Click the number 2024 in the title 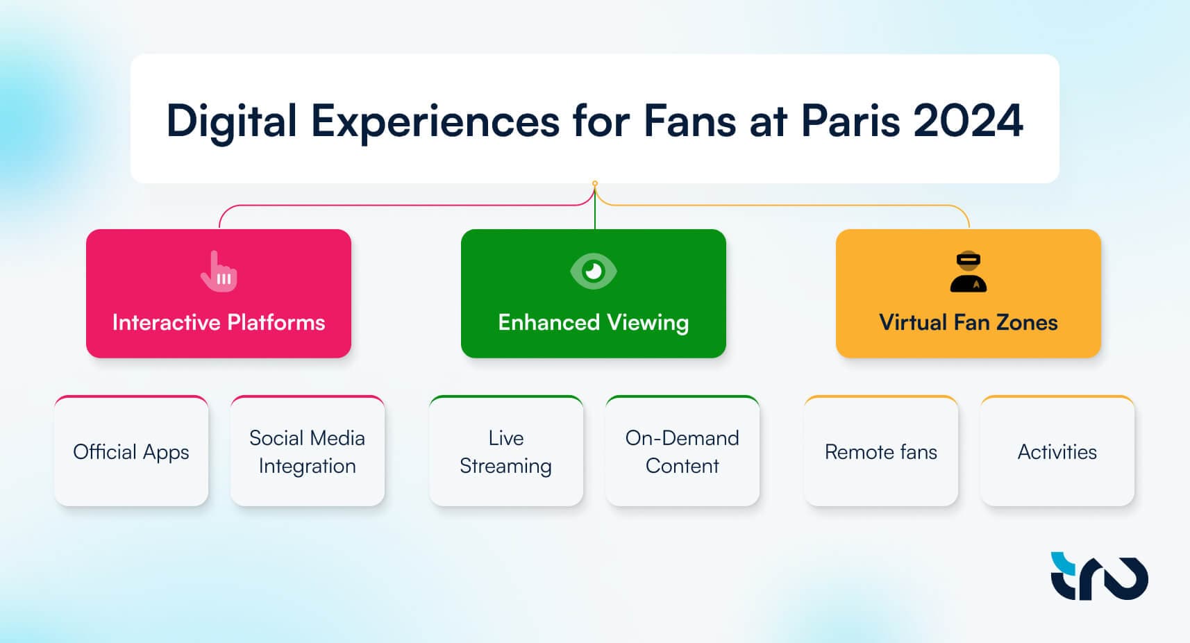[968, 121]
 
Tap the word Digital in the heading [232, 122]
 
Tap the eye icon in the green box [594, 271]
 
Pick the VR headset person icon [969, 272]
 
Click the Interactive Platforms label [218, 323]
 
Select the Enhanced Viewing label [594, 323]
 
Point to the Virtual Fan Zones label [969, 323]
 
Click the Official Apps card [131, 451]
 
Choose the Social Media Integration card [308, 451]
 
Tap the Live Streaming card [506, 451]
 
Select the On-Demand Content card [682, 451]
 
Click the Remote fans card [881, 451]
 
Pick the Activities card [1057, 451]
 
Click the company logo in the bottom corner [1099, 576]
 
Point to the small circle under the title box [595, 183]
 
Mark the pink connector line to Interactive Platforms [404, 205]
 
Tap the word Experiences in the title [435, 122]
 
